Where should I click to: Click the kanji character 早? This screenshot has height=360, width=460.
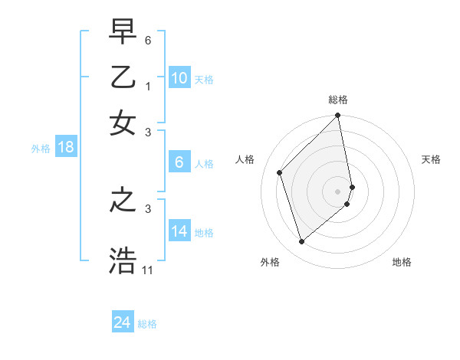point(123,33)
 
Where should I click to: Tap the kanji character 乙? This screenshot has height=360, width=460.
point(123,77)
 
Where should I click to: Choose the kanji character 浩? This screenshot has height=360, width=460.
point(123,260)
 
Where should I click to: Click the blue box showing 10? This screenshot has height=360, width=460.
point(179,78)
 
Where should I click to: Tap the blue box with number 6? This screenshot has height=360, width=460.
point(179,162)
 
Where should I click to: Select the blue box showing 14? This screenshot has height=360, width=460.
point(179,231)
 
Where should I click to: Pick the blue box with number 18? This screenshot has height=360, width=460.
point(66,148)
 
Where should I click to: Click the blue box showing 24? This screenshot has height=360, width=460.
point(122,323)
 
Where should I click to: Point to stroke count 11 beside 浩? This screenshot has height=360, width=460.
point(147,270)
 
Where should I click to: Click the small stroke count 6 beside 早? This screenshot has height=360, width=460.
point(148,39)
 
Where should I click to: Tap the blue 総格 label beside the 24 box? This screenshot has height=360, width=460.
point(148,324)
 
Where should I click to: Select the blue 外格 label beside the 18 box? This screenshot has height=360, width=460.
point(41,149)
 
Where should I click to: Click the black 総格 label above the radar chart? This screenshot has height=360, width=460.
point(338,100)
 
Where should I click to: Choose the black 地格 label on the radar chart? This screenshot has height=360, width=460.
point(402,263)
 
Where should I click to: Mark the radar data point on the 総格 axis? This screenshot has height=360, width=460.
point(337,116)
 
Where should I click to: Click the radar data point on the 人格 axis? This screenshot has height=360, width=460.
point(280,172)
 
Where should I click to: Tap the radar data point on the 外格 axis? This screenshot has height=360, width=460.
point(301,242)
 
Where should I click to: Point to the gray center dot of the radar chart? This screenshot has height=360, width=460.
point(337,191)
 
